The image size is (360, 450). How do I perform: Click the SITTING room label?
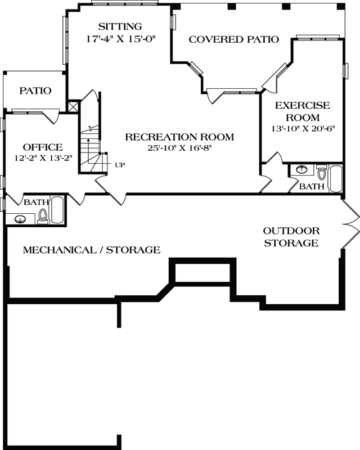119,26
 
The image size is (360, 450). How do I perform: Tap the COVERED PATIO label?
233,39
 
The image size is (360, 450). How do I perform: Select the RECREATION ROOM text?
179,137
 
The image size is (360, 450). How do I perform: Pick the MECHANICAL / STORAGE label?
91,250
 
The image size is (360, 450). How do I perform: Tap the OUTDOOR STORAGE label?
291,237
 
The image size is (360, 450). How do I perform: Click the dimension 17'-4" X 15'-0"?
120,39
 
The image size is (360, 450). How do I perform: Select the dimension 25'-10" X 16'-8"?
179,148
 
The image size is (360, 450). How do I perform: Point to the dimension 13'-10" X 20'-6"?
303,128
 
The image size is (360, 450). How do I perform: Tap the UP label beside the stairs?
120,165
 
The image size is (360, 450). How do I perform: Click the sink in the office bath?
21,219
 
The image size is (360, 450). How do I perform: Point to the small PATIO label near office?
35,91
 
